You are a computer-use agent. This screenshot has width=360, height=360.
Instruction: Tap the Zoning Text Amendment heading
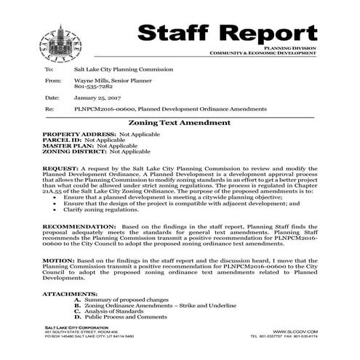click(179, 123)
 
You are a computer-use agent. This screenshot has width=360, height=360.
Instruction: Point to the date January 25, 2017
click(97, 97)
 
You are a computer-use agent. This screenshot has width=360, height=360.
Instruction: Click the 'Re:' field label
click(49, 108)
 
